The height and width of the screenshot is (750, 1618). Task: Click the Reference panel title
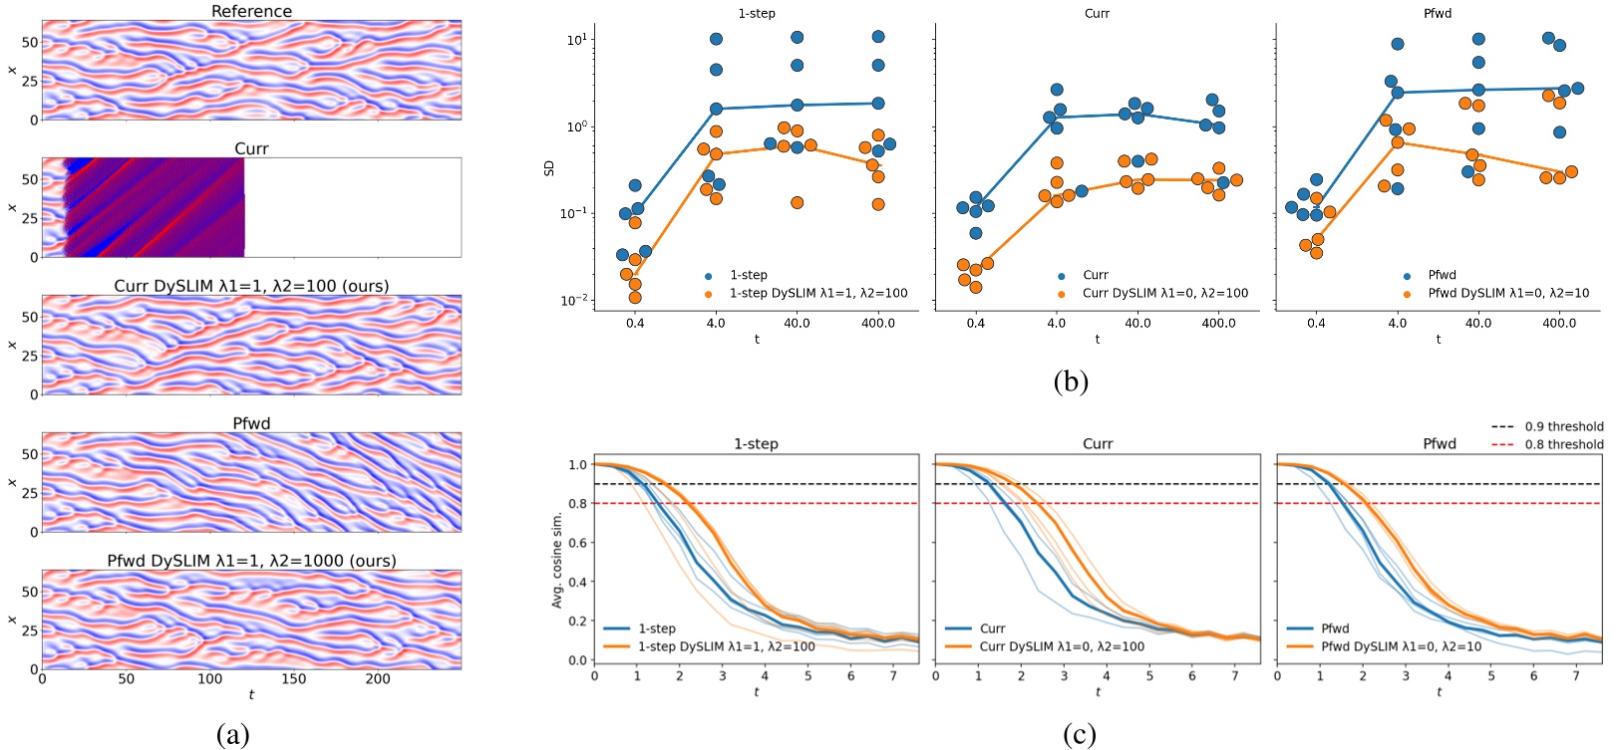pos(251,11)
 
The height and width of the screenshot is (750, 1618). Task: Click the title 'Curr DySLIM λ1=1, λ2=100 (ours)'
pos(251,286)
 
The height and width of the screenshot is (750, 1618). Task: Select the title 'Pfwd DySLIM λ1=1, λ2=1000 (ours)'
pos(251,561)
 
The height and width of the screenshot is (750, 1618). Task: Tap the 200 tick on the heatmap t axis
pos(378,679)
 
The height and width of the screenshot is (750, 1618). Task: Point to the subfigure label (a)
pos(232,735)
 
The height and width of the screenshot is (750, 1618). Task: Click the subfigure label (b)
pos(1071,380)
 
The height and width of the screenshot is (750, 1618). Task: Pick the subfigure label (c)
pos(1079,735)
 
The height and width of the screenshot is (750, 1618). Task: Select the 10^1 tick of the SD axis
pos(576,40)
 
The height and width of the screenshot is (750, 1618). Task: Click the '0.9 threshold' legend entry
pos(1563,426)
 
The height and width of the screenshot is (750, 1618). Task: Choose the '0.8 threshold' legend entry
pos(1563,444)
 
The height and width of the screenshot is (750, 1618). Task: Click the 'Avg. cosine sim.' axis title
pos(557,560)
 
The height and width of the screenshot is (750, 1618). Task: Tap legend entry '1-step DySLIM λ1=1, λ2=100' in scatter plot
pos(817,293)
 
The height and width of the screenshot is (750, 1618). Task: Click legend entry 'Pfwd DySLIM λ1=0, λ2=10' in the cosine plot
pos(1401,646)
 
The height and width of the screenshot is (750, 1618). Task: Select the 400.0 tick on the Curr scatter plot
pos(1218,323)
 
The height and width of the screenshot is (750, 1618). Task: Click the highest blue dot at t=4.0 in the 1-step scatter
pos(716,40)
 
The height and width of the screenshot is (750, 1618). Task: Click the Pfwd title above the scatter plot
pos(1438,14)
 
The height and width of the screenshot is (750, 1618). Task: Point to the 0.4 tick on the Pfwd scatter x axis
pos(1316,323)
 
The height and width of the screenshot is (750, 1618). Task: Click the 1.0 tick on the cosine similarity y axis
pos(578,465)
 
